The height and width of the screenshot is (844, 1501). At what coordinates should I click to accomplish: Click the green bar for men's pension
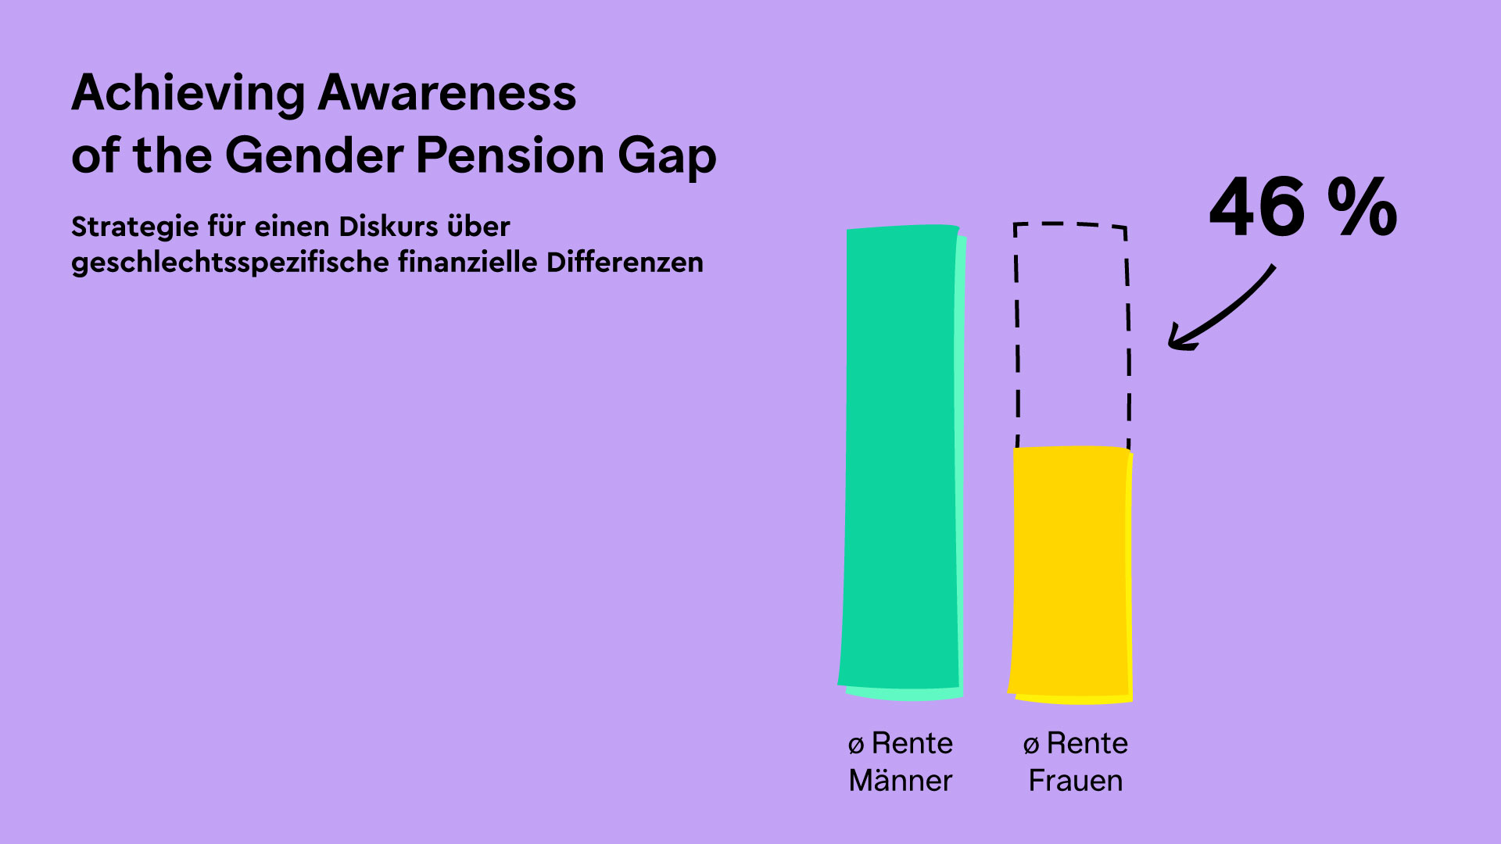902,463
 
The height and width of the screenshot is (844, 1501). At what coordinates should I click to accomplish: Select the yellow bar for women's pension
1071,575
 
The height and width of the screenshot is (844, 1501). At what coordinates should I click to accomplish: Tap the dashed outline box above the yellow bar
1017,336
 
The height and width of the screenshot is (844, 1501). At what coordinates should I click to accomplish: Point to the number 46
1258,207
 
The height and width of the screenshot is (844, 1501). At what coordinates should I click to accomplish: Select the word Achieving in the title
188,95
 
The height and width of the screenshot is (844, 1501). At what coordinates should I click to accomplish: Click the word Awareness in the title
447,93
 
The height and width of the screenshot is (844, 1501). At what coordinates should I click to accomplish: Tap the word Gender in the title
313,155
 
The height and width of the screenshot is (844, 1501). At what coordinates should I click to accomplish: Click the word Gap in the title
667,158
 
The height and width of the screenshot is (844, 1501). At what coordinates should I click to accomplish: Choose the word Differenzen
625,263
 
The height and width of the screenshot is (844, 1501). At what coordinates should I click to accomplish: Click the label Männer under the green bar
901,780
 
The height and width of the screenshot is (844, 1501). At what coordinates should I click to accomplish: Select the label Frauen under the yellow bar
1076,781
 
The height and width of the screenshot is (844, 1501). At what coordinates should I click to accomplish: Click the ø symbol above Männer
856,745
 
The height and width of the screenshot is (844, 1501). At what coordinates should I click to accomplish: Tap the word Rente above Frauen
1087,743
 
